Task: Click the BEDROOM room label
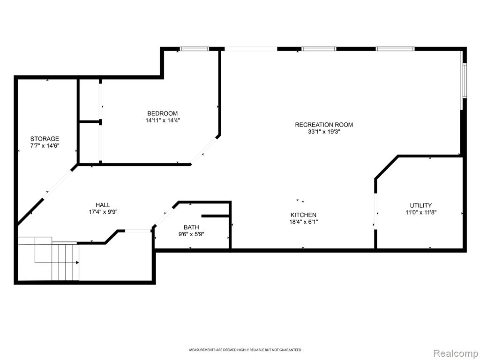pos(162,113)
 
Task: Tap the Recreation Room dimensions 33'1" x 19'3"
pos(324,132)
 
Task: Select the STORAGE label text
pos(45,139)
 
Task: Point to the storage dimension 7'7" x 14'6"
pos(45,146)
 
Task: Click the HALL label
pos(103,205)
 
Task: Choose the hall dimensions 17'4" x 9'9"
pos(103,212)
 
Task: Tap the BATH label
pos(191,227)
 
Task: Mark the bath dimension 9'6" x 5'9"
pos(191,234)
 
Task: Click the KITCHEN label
pos(303,215)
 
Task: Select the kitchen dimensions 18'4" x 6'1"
pos(304,222)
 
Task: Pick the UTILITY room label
pos(421,205)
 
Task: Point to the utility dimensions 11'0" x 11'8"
pos(421,212)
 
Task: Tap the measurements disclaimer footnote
pos(245,350)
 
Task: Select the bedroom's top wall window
pos(194,49)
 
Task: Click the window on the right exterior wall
pos(465,80)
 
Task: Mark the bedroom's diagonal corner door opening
pos(203,151)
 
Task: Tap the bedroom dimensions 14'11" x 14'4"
pos(163,120)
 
